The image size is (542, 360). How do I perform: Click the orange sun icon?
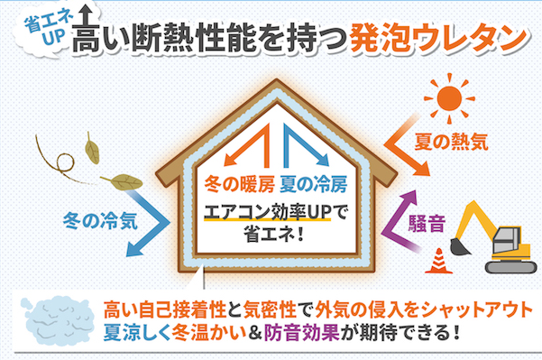449,98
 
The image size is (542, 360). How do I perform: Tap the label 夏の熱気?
451,142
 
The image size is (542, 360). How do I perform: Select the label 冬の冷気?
100,221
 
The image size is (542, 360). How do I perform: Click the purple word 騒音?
427,224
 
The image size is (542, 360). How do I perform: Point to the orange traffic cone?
438,261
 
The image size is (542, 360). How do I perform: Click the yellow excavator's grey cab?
507,240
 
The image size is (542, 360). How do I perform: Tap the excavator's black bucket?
460,246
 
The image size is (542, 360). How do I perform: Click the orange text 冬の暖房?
239,184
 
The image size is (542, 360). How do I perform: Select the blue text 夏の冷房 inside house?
313,184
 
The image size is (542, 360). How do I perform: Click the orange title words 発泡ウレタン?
438,36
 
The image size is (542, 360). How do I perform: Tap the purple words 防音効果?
301,333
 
